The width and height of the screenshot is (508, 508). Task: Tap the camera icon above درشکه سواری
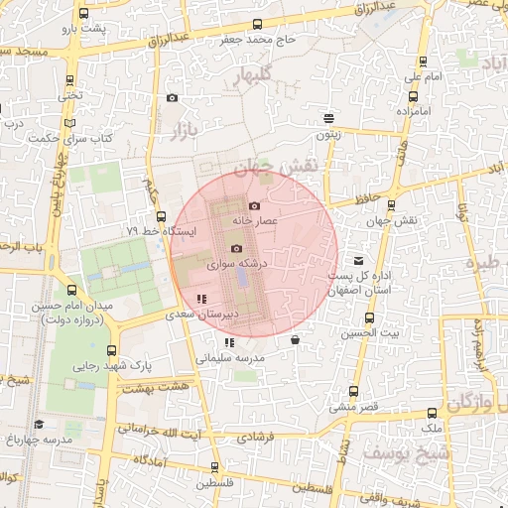point(236,249)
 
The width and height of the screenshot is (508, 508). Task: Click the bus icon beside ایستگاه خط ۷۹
point(161,215)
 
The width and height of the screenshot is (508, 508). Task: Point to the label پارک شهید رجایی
point(108,366)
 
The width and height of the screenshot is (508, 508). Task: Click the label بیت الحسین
point(371,334)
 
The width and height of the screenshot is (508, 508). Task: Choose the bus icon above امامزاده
point(412,96)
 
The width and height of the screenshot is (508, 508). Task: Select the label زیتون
point(328,134)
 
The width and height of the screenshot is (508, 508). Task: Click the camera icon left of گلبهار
point(173,97)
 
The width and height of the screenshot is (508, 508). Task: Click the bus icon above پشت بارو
point(82,14)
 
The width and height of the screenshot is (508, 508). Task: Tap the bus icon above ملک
point(432,413)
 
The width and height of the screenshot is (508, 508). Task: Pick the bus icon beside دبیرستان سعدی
point(201,298)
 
